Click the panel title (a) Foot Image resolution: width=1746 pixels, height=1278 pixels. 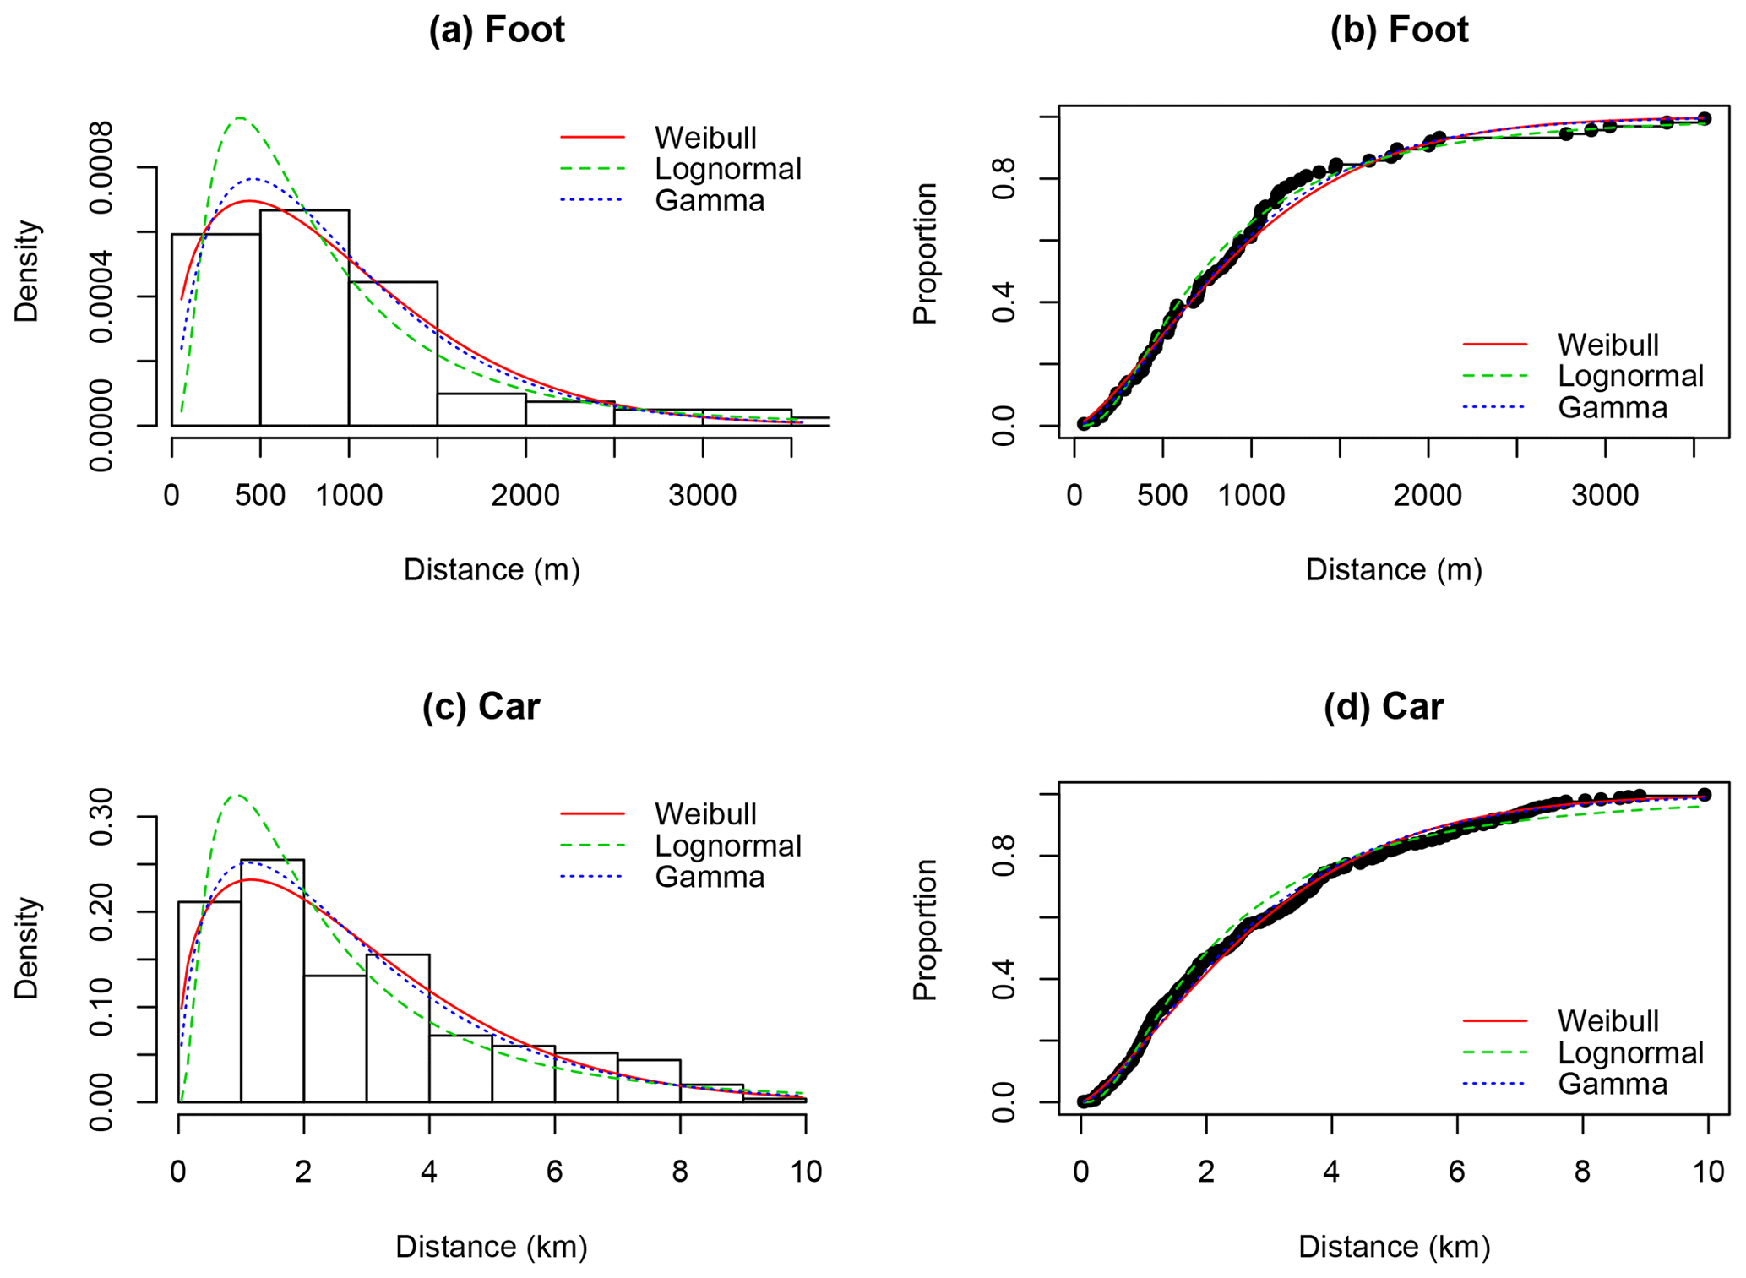496,30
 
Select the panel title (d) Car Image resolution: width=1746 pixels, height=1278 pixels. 1383,706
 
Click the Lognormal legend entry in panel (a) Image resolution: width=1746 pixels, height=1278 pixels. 726,169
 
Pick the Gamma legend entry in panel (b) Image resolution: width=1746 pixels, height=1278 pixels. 1612,408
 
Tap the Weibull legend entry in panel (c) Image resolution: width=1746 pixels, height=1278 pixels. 704,814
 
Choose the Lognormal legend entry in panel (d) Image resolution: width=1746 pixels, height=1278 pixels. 1629,1053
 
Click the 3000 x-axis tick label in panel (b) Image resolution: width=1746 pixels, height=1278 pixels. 1604,496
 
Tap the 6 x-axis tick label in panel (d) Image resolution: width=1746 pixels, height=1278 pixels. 1456,1172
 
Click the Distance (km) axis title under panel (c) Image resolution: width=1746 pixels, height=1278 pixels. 491,1247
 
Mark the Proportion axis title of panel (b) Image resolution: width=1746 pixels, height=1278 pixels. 926,253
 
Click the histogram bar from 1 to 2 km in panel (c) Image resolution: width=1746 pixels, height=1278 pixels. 272,980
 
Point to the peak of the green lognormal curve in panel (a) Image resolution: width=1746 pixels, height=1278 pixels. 240,117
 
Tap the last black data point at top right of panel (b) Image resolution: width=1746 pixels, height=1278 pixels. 1704,119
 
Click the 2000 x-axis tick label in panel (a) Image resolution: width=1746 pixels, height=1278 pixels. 525,496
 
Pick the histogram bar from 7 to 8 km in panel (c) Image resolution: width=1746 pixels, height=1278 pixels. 648,1080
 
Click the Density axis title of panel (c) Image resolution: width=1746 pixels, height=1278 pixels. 27,948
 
